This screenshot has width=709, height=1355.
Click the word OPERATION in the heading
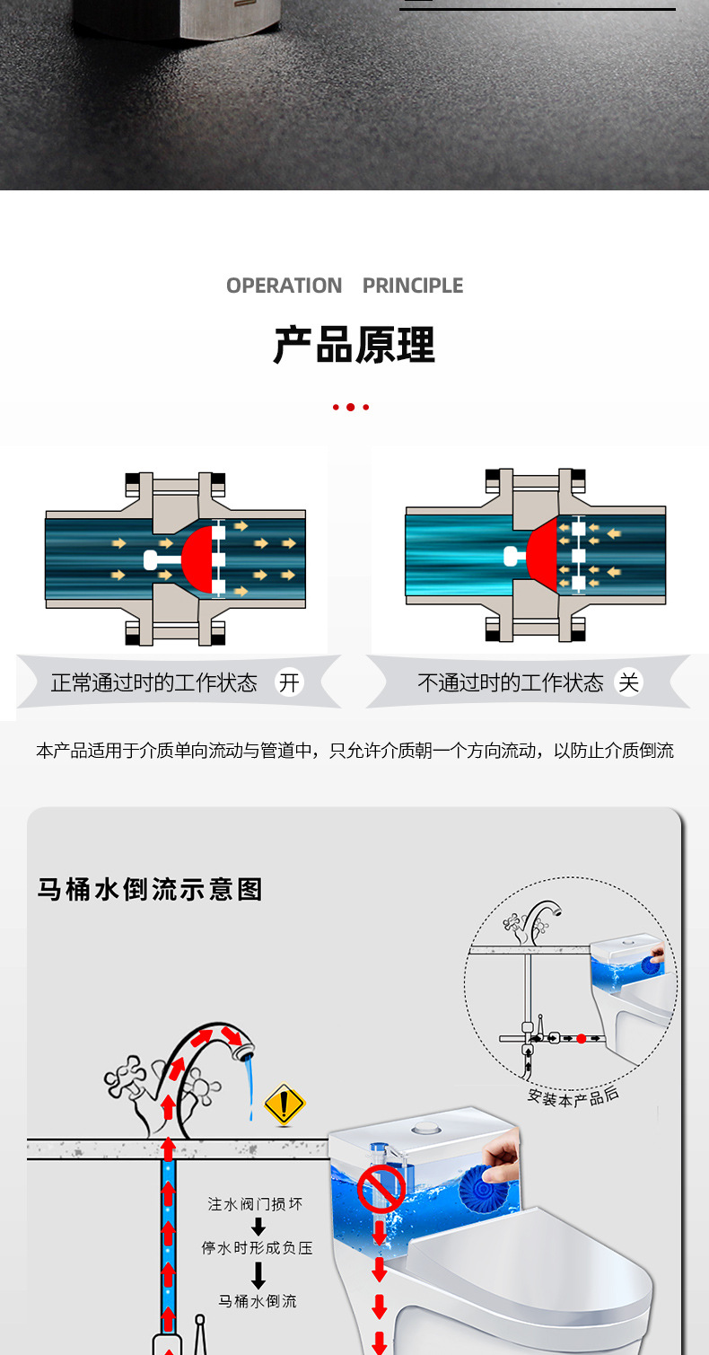[284, 286]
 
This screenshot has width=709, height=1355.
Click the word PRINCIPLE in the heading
[413, 286]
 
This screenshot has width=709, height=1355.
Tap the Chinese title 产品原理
[354, 345]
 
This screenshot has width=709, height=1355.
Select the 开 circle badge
[289, 682]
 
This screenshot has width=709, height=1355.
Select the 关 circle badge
[629, 682]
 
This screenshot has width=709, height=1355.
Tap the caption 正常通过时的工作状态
[153, 682]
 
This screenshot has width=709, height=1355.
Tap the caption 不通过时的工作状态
[510, 682]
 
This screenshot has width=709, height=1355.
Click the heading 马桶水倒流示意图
[150, 889]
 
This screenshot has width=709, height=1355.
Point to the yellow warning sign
[284, 1104]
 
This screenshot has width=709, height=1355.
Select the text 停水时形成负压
[257, 1248]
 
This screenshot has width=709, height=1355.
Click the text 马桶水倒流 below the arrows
[258, 1300]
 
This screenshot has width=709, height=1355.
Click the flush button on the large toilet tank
[424, 1128]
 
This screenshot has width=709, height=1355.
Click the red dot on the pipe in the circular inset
[581, 1038]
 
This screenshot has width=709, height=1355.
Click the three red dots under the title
[351, 407]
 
